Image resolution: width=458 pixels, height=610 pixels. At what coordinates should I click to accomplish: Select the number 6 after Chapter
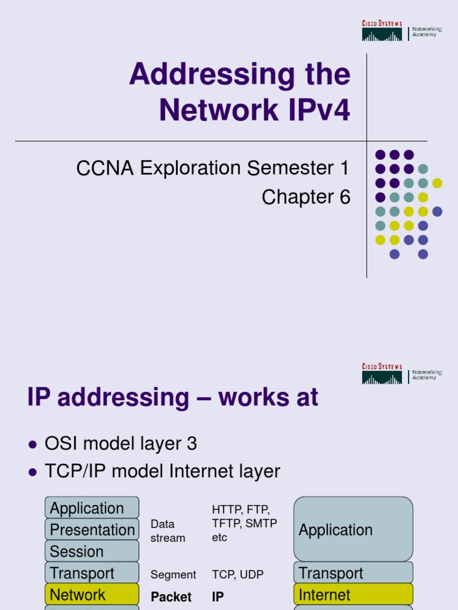[345, 197]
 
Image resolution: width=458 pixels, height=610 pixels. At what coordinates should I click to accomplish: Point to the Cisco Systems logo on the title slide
[382, 30]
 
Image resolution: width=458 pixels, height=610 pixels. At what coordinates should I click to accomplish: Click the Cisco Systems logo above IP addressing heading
[382, 374]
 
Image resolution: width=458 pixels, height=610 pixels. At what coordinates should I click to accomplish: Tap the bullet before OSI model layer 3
[33, 444]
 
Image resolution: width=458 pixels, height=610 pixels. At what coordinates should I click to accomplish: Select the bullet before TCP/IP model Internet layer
[33, 472]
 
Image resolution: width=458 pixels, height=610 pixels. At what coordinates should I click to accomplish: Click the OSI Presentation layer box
[92, 530]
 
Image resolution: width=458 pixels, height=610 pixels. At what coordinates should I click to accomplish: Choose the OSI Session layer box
[92, 551]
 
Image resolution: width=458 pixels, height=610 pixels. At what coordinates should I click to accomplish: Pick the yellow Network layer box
[92, 595]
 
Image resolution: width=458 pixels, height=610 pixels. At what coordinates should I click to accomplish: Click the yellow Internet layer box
[353, 595]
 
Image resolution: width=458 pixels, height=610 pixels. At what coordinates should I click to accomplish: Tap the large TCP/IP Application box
[353, 530]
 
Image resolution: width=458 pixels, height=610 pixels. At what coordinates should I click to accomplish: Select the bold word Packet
[171, 597]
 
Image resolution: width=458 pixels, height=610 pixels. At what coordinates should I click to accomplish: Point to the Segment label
[173, 575]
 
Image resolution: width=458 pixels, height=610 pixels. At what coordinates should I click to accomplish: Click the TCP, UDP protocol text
[237, 575]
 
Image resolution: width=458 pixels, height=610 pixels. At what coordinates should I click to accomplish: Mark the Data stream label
[168, 531]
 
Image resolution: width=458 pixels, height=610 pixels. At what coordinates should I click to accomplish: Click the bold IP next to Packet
[218, 597]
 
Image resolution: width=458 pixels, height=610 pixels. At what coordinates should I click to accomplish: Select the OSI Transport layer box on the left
[92, 573]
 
